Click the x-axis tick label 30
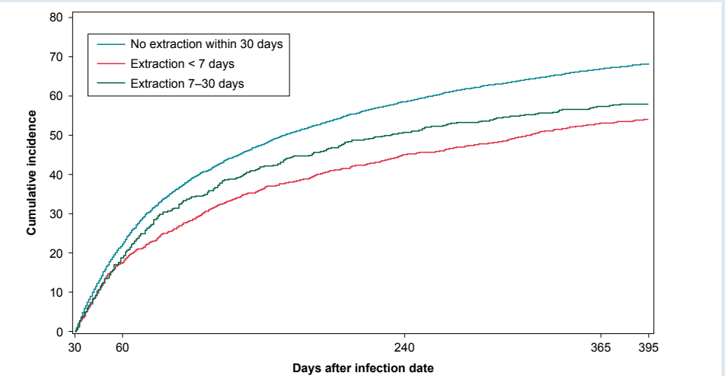coord(75,348)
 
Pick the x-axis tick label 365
coord(601,348)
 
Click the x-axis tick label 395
coord(647,348)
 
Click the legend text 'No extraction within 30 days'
coord(206,44)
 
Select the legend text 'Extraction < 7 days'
coord(182,64)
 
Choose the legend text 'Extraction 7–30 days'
coord(187,83)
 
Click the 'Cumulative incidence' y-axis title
coord(31,172)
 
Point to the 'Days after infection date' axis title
coord(362,368)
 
